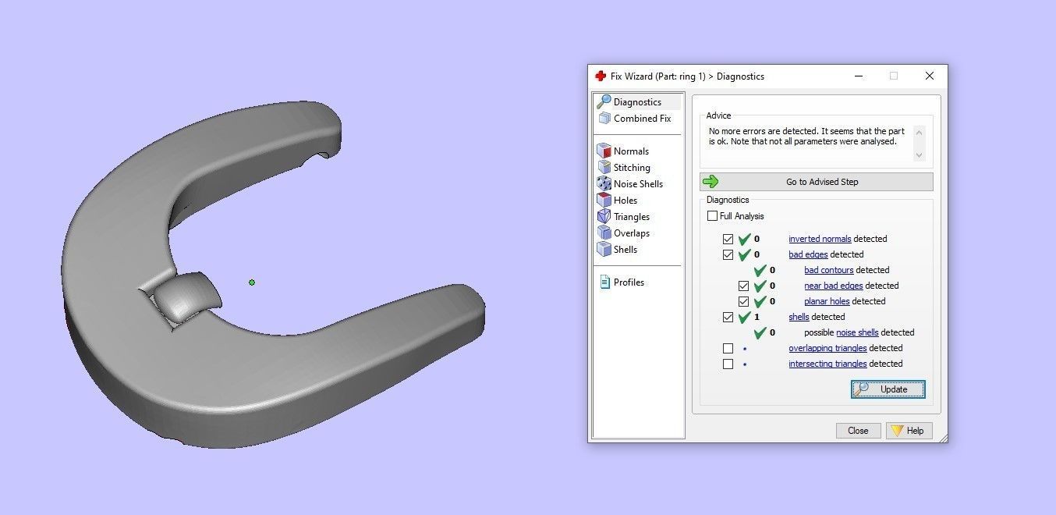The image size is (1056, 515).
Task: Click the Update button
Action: (888, 389)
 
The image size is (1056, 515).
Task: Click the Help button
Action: (909, 431)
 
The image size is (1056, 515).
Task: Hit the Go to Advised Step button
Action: (816, 182)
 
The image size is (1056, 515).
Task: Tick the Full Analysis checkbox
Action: (712, 216)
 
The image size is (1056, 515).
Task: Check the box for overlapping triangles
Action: (728, 348)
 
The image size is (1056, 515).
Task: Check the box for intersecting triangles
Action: (728, 364)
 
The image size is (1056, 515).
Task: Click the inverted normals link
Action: (820, 239)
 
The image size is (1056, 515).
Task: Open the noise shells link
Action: (857, 332)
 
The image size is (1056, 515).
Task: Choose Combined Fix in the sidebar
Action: (641, 119)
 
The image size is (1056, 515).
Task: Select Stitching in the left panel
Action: (631, 168)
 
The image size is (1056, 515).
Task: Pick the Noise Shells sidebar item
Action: (637, 184)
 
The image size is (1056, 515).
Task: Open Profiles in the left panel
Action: (628, 282)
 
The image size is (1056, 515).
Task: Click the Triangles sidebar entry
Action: (631, 217)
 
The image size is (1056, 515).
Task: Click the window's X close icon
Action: (929, 76)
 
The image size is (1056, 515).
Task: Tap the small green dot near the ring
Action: (252, 282)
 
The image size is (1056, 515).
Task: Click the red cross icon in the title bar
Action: (601, 76)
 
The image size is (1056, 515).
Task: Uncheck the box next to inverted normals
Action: (728, 239)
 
